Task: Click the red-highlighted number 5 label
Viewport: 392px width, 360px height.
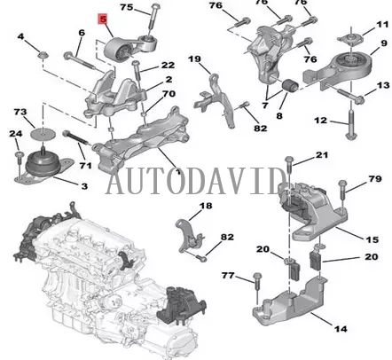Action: [x=102, y=18]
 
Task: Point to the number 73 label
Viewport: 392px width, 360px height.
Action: [x=19, y=113]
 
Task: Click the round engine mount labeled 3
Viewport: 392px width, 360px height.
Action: [x=42, y=168]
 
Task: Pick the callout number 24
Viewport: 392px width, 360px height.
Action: [x=15, y=134]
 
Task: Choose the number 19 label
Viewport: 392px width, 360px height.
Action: [x=194, y=59]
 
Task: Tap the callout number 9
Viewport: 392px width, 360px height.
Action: [x=382, y=42]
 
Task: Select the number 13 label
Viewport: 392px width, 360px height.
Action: [x=382, y=85]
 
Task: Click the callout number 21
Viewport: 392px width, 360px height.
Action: [x=322, y=155]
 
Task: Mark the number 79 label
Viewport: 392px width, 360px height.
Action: [x=374, y=181]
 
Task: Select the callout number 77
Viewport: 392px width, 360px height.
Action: [x=228, y=276]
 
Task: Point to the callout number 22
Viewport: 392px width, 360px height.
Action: [x=168, y=66]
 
